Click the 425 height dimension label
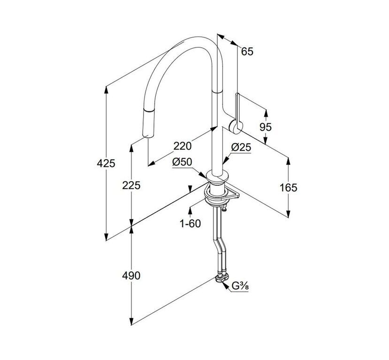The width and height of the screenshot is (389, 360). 106,163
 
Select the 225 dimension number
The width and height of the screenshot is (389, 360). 131,185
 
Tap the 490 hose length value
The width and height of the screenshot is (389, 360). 131,276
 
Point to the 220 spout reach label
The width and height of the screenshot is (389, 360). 183,146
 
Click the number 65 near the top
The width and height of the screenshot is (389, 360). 247,51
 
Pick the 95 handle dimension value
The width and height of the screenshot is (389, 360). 266,127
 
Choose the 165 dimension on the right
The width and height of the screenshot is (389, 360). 288,187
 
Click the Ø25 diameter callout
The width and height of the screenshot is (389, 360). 241,148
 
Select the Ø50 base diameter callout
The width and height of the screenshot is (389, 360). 183,162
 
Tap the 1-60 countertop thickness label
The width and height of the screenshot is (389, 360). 191,224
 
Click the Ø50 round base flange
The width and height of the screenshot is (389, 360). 217,177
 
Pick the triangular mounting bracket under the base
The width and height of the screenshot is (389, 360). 232,194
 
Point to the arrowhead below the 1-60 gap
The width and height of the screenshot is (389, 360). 190,210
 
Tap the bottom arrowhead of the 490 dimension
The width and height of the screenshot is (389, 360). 131,322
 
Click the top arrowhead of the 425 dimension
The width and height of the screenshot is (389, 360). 106,90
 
